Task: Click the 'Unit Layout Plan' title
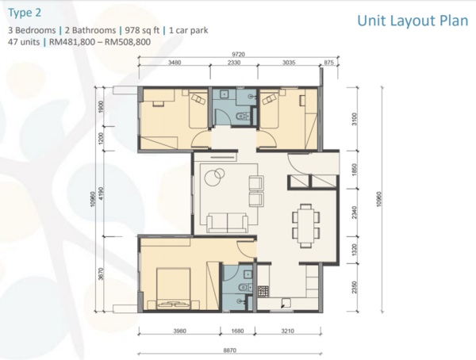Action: click(413, 21)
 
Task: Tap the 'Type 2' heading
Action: click(25, 13)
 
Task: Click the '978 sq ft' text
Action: click(142, 30)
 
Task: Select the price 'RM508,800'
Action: click(128, 42)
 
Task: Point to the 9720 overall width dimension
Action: click(238, 55)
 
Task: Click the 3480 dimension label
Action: click(175, 63)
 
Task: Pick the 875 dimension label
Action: click(328, 63)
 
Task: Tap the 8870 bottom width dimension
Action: click(230, 350)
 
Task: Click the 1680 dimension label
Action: click(237, 331)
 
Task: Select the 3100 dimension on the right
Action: click(355, 119)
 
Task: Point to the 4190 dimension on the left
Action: click(101, 193)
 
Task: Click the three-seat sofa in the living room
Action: click(228, 223)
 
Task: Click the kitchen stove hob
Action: click(263, 291)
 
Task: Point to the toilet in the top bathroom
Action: click(243, 116)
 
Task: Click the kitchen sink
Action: click(286, 303)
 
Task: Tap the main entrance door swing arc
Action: click(298, 164)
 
